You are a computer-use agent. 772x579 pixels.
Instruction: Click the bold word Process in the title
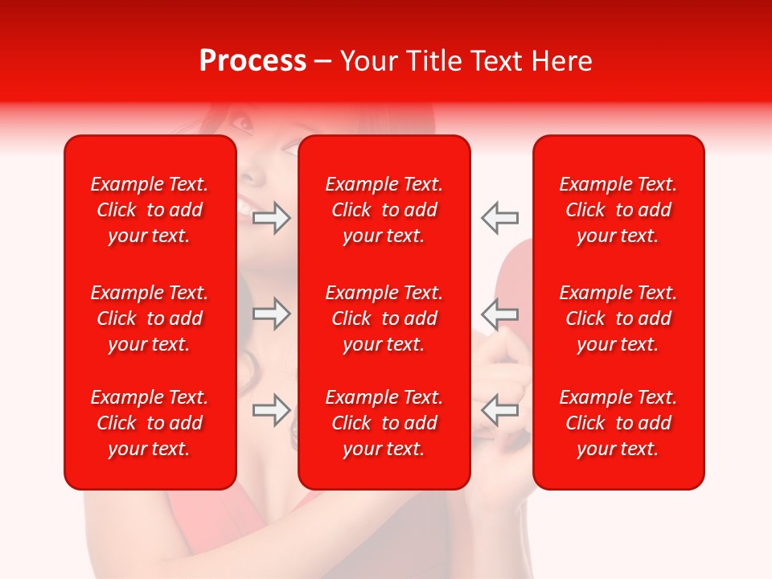[253, 61]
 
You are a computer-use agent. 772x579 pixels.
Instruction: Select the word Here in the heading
[560, 61]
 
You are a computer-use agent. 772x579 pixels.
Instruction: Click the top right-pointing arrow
[271, 218]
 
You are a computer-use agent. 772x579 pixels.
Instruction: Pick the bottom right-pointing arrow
[271, 410]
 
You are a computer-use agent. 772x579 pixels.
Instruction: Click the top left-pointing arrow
[499, 217]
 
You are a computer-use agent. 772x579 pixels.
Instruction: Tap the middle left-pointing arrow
[499, 313]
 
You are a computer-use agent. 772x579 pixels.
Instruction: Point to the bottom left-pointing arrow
[499, 409]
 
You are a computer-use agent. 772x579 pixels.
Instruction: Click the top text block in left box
[150, 210]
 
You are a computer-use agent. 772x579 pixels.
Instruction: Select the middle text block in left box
[150, 318]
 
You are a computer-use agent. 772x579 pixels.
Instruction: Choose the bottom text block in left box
[150, 423]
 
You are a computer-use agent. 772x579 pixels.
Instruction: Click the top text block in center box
[384, 210]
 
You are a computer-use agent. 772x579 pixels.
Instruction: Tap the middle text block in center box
[384, 318]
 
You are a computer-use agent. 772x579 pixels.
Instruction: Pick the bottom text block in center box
[384, 423]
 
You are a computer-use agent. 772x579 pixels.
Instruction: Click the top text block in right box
[618, 210]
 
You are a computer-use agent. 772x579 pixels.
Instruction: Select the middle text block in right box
[618, 318]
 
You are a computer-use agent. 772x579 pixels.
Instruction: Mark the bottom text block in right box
[618, 423]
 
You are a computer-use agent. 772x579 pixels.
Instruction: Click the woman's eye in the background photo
[241, 123]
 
